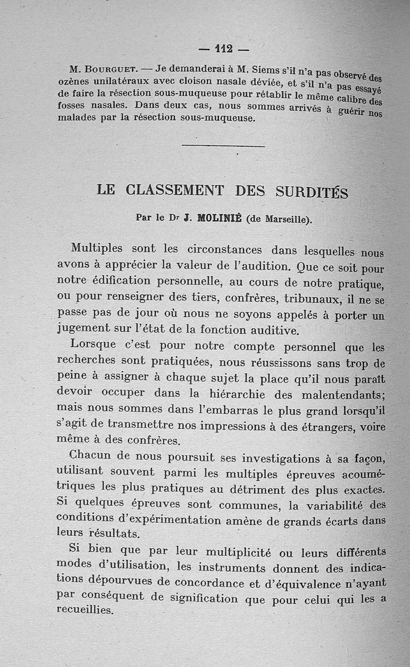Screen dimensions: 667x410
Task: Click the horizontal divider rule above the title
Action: [x=223, y=147]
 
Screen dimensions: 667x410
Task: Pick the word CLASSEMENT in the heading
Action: [x=174, y=190]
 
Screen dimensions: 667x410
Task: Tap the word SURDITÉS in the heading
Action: [x=312, y=192]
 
